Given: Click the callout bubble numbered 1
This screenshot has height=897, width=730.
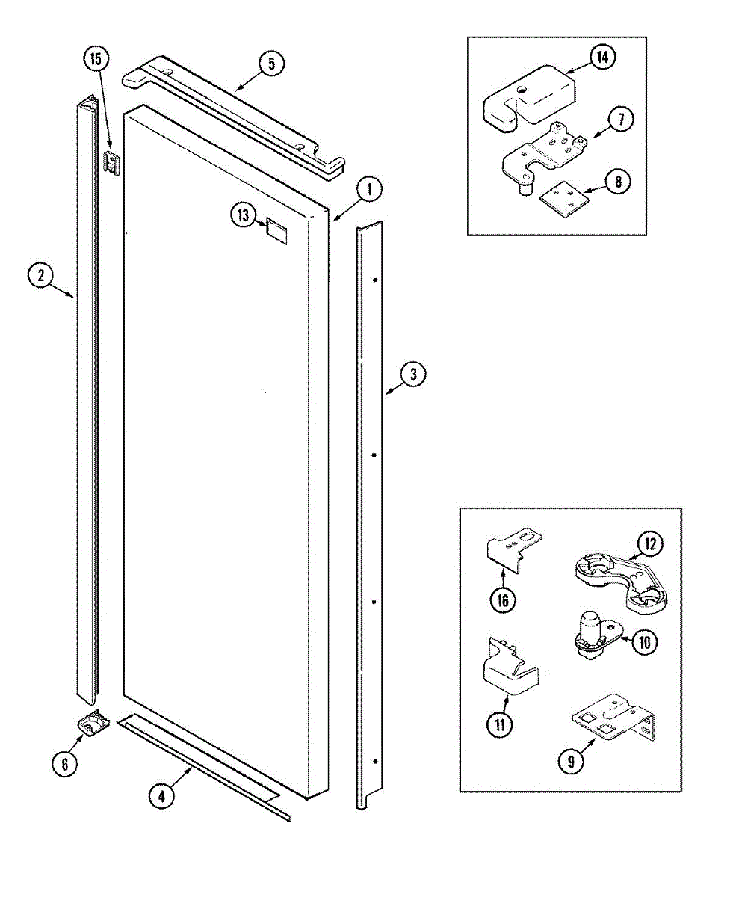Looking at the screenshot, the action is [x=368, y=189].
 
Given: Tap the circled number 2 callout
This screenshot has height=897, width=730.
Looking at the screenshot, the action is [x=40, y=276].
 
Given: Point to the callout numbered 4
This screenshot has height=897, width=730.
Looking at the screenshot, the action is [x=161, y=797].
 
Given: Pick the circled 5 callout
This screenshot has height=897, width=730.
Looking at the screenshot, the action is [x=271, y=64].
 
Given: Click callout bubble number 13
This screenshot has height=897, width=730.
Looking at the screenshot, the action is [x=243, y=216].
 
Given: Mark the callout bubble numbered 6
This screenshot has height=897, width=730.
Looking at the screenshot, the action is [x=64, y=764].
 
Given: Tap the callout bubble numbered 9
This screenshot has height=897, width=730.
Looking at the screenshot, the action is [x=572, y=762].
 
